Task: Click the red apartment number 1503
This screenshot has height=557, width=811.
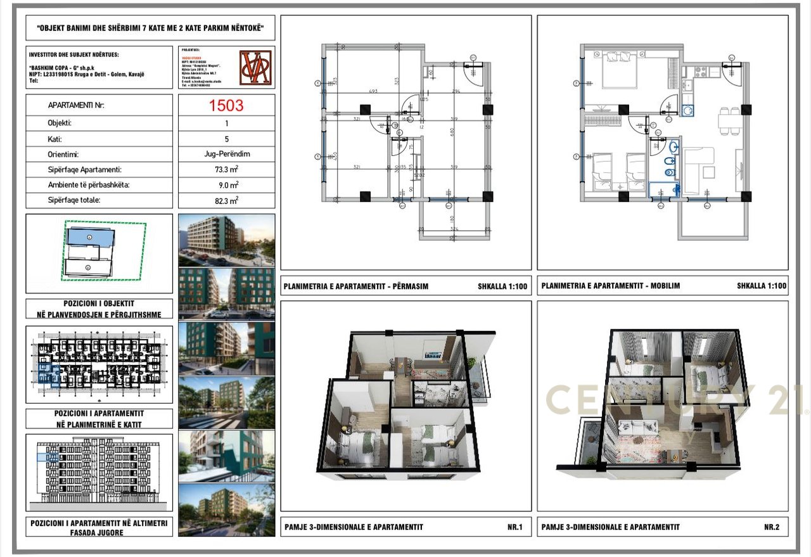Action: point(226,105)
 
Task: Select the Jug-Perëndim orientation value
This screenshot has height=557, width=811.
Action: point(226,154)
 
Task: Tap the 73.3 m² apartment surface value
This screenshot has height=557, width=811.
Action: point(226,170)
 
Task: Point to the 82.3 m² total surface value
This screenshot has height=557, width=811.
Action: point(226,200)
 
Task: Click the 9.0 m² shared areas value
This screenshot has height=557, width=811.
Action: point(226,185)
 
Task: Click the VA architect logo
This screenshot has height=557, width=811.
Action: point(255,67)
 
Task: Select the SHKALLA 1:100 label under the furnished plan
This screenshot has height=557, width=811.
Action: point(761,286)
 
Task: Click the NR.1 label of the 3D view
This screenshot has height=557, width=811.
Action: point(514,527)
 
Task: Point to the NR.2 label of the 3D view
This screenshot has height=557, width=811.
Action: point(771,527)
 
